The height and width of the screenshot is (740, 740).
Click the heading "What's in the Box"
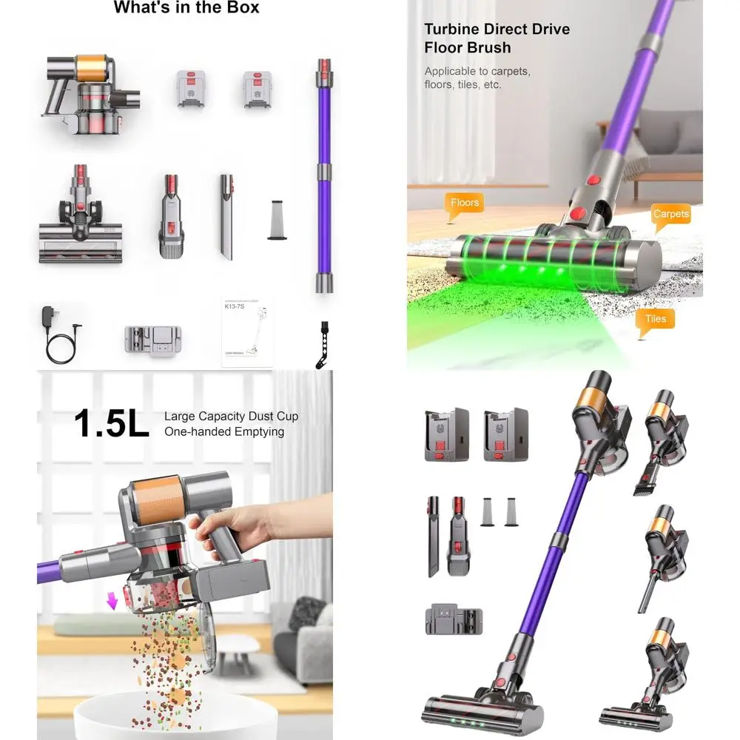pos(186,9)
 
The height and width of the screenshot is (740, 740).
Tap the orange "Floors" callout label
pos(465,203)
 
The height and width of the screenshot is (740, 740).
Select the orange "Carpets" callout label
pos(670,215)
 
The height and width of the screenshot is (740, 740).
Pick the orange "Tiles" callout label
pos(655,320)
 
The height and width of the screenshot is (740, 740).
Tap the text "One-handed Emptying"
pos(223,431)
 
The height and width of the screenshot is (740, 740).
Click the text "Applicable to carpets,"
pos(477,72)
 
